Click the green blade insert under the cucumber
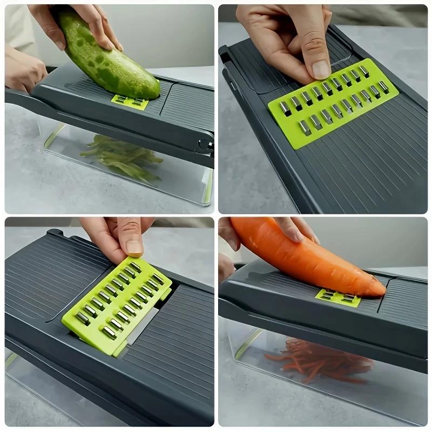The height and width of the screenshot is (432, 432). pyautogui.click(x=130, y=102)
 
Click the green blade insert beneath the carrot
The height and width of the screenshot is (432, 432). pyautogui.click(x=338, y=297)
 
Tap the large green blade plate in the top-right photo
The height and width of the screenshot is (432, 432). pyautogui.click(x=332, y=103)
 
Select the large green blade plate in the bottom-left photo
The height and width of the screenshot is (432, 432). pyautogui.click(x=116, y=305)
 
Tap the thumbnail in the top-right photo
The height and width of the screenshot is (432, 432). pyautogui.click(x=321, y=69)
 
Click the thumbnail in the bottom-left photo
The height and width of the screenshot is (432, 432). pyautogui.click(x=134, y=246)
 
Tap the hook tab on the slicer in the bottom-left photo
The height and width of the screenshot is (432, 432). pyautogui.click(x=54, y=233)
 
